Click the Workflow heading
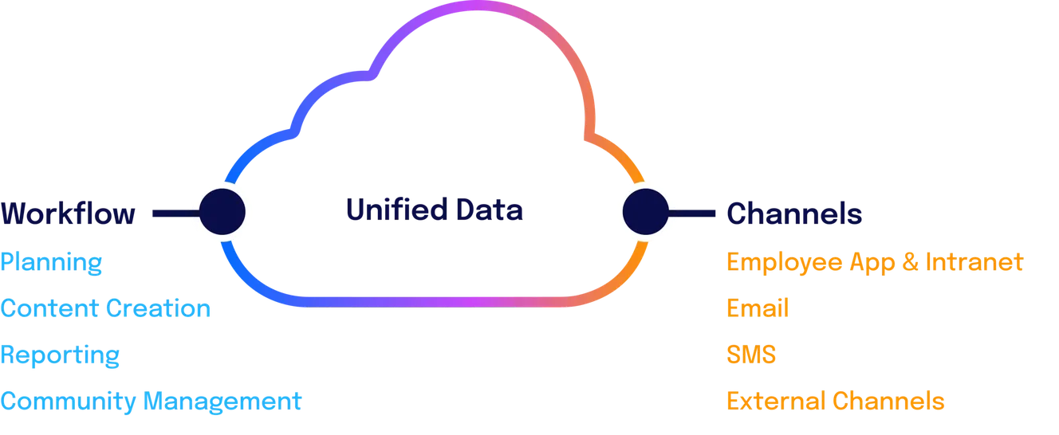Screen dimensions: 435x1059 coord(67,214)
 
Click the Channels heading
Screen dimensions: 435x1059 coord(794,213)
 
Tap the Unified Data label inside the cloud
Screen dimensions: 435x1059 coord(434,210)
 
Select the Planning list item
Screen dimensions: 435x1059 coord(51,262)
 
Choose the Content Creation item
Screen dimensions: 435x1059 coord(104,308)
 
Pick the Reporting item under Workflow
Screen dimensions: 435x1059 coord(60,355)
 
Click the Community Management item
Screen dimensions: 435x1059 coord(152,401)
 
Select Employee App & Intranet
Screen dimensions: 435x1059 coord(873,262)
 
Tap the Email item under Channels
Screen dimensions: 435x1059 coord(757,308)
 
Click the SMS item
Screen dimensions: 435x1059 coord(751,355)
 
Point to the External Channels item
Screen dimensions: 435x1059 coord(835,401)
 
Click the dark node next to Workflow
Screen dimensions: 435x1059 coord(222,211)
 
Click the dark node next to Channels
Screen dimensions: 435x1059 coord(644,211)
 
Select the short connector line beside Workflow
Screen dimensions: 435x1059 coord(171,213)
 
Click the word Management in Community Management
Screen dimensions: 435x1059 coord(223,401)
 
